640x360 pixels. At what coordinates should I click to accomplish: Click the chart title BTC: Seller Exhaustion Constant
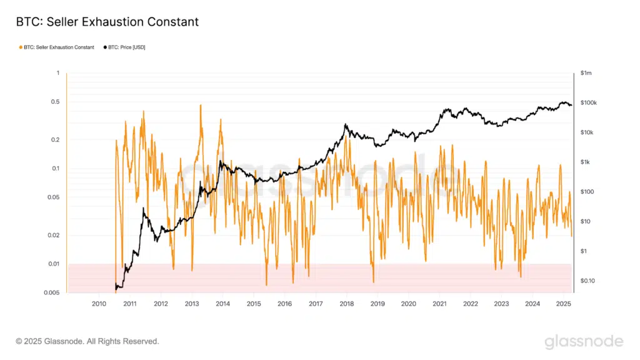click(x=107, y=22)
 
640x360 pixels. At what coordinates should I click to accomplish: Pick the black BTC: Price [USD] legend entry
click(x=124, y=47)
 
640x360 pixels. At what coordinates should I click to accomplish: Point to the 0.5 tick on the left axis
click(x=55, y=102)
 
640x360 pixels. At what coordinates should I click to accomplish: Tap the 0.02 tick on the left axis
click(x=54, y=235)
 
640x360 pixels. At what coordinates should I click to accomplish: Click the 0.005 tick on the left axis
click(x=52, y=292)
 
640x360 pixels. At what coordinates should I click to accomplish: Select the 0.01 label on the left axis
click(x=54, y=264)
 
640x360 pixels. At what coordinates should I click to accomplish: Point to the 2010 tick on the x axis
click(x=99, y=304)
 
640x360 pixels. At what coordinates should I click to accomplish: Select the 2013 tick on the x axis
click(x=192, y=304)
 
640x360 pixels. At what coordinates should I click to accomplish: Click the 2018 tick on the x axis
click(x=346, y=304)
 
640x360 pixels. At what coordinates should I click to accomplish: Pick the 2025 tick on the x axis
click(x=563, y=304)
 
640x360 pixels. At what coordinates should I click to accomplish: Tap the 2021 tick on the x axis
click(x=439, y=304)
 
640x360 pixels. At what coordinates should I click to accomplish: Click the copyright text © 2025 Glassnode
click(x=87, y=341)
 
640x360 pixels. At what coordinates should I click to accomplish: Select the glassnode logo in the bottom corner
click(x=584, y=341)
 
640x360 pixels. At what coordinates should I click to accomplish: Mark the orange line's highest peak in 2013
click(x=201, y=105)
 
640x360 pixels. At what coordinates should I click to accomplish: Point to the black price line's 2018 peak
click(x=346, y=124)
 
